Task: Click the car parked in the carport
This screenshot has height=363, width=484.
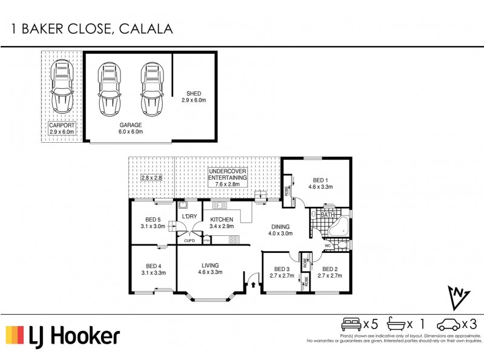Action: tap(62, 87)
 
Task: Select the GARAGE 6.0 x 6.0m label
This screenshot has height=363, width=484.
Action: tap(129, 128)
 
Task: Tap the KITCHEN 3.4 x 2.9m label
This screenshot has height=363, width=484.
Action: tap(221, 223)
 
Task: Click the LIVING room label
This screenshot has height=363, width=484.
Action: tap(210, 269)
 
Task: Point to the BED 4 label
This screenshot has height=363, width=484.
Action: tap(154, 269)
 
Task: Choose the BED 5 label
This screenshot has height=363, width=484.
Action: tap(154, 223)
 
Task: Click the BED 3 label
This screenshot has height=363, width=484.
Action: tap(283, 272)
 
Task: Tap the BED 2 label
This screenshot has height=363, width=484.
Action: tap(332, 272)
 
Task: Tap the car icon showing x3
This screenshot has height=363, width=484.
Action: tap(448, 324)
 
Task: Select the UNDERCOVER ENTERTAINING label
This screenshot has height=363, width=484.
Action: tap(227, 175)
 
